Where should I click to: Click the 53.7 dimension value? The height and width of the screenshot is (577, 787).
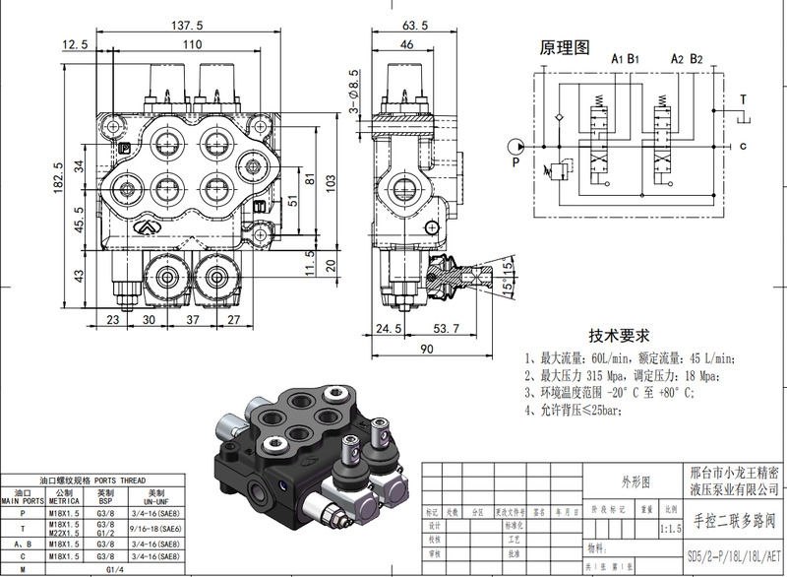(x=449, y=328)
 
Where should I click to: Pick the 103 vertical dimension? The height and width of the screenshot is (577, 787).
(x=332, y=181)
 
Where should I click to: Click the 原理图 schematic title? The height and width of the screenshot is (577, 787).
(x=564, y=47)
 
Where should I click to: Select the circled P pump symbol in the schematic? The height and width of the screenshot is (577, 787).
(x=517, y=146)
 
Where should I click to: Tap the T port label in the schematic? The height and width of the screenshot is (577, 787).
(x=743, y=99)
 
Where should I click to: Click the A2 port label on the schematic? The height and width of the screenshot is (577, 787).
(x=677, y=59)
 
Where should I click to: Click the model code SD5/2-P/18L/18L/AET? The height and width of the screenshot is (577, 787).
(x=734, y=555)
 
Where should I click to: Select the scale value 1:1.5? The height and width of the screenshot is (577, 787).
(x=671, y=529)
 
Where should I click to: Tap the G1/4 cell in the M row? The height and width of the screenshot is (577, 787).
(x=114, y=569)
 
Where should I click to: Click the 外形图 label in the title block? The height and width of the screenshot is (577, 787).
(x=634, y=482)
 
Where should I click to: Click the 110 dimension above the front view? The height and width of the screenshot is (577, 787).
(x=192, y=45)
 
